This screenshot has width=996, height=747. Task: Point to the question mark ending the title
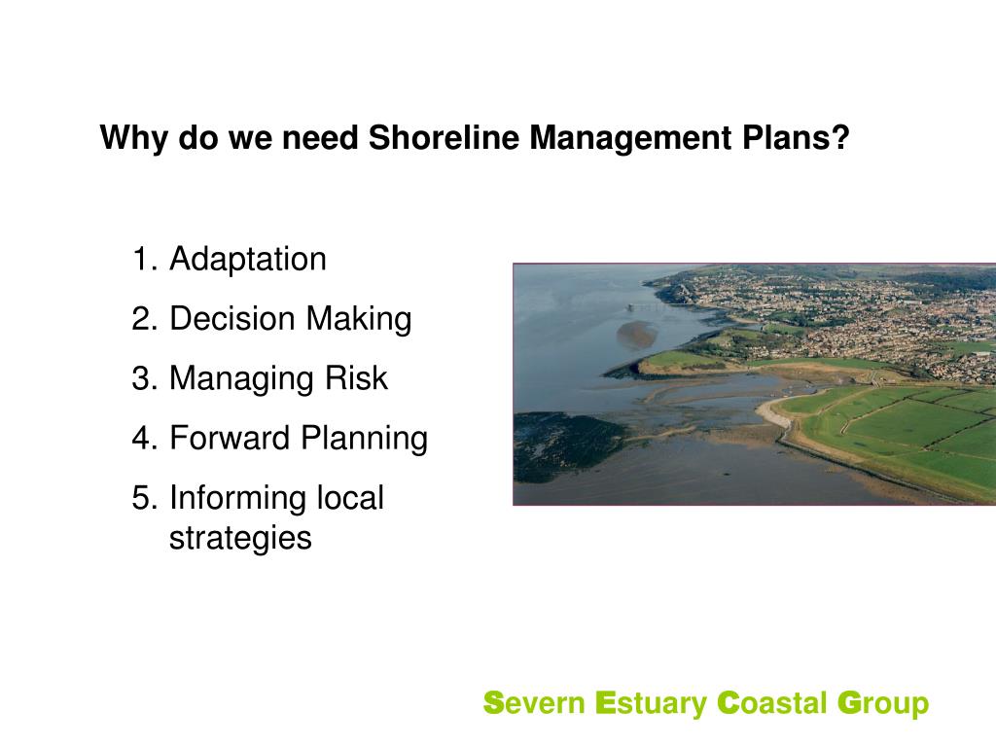(840, 138)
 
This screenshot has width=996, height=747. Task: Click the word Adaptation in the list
(247, 261)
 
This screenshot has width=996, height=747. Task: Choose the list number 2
(143, 320)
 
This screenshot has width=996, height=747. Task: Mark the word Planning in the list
(364, 439)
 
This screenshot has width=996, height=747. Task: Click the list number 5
(143, 498)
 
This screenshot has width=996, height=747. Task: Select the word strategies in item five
(240, 538)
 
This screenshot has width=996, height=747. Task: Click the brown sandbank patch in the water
(636, 334)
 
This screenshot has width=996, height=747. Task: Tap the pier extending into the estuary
(646, 305)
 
